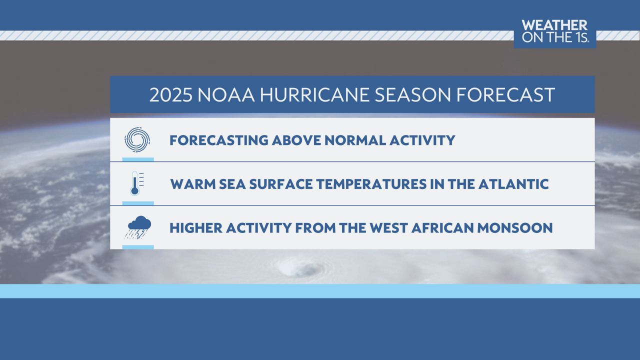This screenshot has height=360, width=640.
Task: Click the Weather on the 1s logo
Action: (555, 31)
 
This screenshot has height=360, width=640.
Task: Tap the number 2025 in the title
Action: (171, 95)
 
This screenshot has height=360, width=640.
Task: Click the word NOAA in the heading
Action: (226, 95)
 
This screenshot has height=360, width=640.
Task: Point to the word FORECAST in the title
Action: (505, 95)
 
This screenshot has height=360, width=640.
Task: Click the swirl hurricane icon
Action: (137, 139)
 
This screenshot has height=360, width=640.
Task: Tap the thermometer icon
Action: (136, 183)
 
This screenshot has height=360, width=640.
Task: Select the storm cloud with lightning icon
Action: (137, 227)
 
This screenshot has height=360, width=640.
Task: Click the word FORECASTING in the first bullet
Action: (219, 140)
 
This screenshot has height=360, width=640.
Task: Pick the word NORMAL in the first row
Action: (355, 140)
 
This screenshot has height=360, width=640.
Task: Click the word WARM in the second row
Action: (193, 184)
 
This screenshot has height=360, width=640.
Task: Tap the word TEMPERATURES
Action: (371, 184)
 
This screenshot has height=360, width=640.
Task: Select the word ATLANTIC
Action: (513, 184)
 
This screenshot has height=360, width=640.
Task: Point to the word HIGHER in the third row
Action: (196, 228)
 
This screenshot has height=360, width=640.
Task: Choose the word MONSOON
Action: (515, 228)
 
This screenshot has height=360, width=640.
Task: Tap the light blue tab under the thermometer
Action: (138, 203)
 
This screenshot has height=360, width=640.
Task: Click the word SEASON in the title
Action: (412, 95)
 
